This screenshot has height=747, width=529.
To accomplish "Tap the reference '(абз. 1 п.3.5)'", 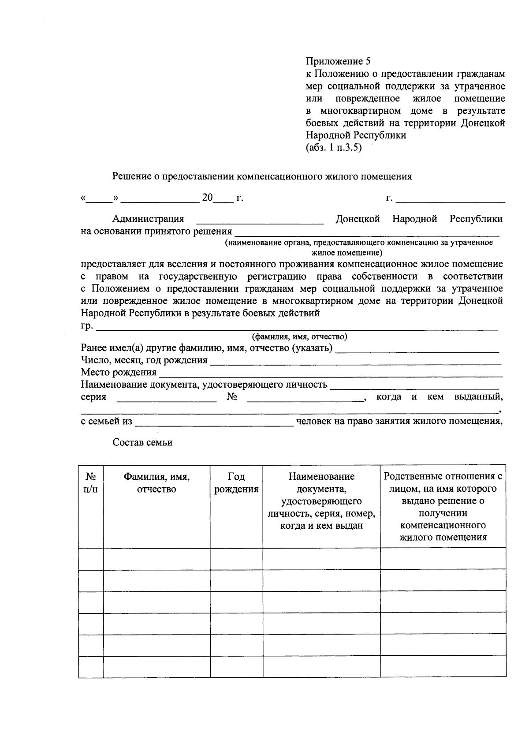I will tap(333, 148).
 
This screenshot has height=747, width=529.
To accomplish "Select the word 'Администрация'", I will tap(148, 219).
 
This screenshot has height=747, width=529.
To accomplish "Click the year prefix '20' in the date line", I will tap(207, 198).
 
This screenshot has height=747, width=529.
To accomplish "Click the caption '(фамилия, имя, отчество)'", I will tap(299, 337).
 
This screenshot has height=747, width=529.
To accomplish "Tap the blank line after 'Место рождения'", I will tap(331, 376).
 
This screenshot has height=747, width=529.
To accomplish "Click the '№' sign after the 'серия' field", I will tap(232, 397).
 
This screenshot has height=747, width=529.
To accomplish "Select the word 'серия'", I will tap(93, 397).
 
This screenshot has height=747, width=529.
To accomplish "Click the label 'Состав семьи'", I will tap(142, 443).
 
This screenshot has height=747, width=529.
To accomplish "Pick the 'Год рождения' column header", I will tap(236, 483).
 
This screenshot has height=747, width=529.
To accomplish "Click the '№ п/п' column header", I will tap(91, 483).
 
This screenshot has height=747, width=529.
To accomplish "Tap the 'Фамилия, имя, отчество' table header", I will tap(156, 483).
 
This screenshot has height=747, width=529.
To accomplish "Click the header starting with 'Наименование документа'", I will tap(321, 501).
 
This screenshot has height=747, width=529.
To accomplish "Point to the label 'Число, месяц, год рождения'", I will tap(144, 360).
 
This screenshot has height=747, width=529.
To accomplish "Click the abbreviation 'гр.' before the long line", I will tap(87, 326).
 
